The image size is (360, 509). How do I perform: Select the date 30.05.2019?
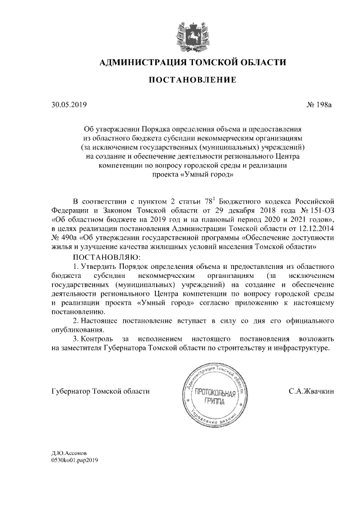(x=66, y=104)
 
